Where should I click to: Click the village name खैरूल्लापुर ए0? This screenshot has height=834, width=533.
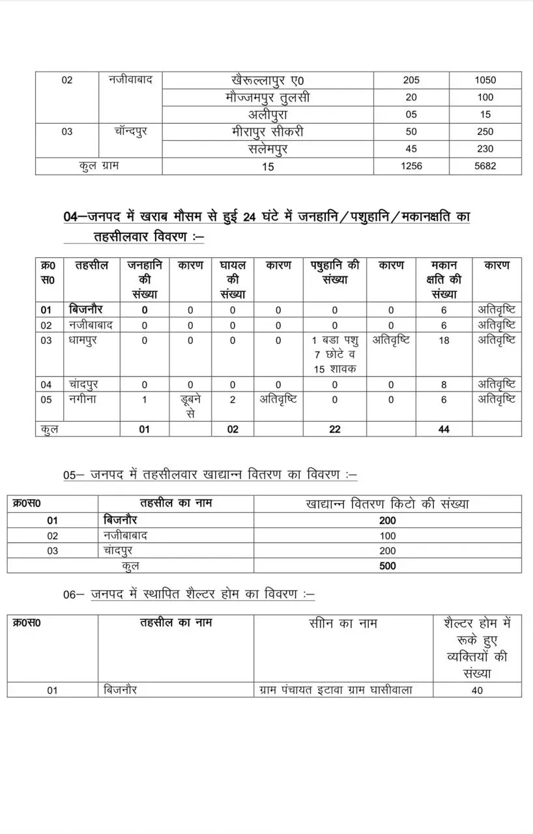268,80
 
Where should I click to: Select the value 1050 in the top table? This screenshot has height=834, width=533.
485,80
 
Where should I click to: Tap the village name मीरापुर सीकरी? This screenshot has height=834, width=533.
268,132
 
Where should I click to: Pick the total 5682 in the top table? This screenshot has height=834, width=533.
485,166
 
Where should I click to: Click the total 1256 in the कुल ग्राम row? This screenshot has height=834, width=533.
411,166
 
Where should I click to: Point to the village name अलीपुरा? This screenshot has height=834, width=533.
268,115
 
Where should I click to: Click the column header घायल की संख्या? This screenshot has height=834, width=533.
233,280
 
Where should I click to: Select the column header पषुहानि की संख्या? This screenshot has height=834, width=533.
334,272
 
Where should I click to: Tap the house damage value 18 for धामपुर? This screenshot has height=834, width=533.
444,340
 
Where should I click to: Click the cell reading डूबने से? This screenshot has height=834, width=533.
190,405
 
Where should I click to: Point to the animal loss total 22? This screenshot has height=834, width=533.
334,429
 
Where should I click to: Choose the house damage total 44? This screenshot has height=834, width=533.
444,429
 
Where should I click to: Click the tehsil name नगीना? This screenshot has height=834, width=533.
83,399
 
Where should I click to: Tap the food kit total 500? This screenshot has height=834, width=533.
387,566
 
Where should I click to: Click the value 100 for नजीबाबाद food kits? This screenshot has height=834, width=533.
387,536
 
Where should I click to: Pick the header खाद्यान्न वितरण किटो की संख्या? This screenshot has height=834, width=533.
387,504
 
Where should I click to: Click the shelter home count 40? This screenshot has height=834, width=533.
477,690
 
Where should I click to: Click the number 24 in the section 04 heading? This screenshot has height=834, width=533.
249,217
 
